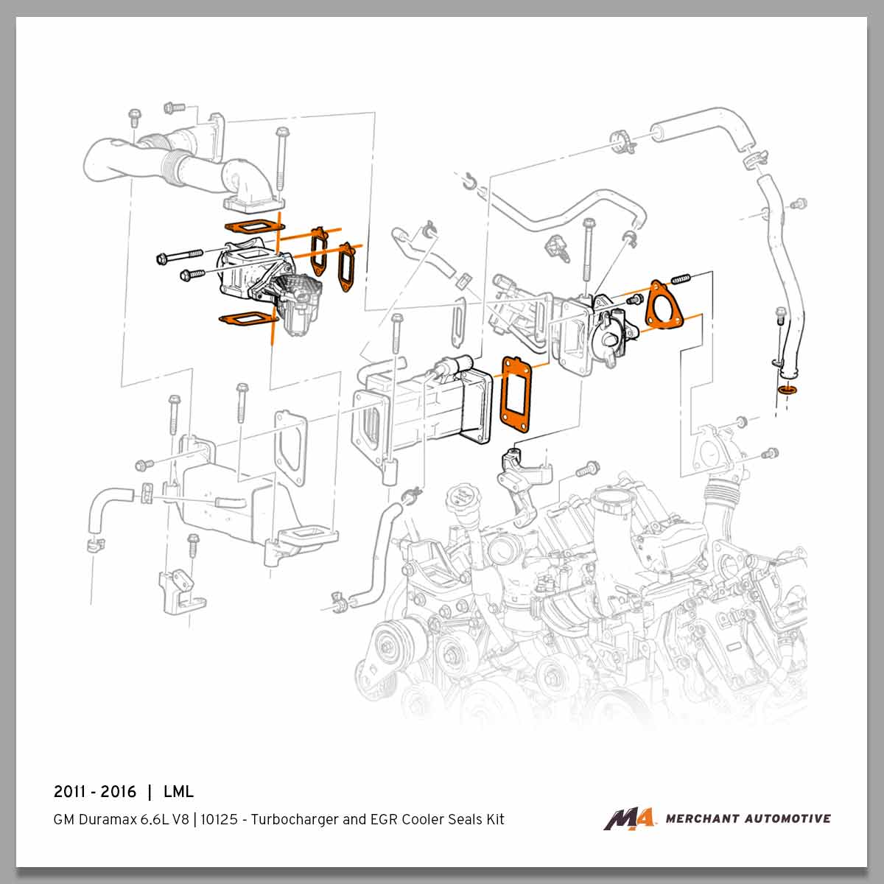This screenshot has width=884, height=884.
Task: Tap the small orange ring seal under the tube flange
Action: [x=787, y=388]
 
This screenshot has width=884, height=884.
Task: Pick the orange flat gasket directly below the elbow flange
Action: [x=253, y=226]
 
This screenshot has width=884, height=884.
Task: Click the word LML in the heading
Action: [x=178, y=792]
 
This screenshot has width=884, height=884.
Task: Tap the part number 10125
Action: [x=220, y=819]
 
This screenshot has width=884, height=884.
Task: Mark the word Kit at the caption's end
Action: [x=494, y=819]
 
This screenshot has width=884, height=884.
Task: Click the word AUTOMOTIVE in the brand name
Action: [x=787, y=818]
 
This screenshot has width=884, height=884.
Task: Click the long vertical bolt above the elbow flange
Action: [x=281, y=162]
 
